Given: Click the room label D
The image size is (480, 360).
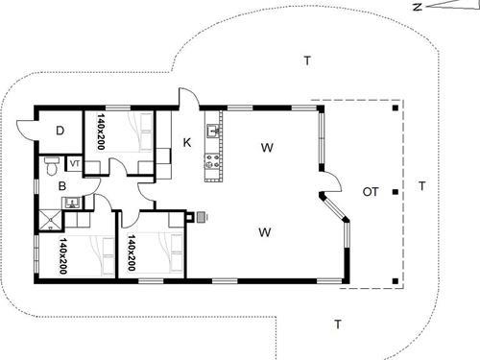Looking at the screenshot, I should (59, 132).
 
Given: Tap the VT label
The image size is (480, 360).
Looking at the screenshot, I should (74, 162).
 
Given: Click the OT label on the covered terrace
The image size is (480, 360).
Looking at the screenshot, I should (370, 193).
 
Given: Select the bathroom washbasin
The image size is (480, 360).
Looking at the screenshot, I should (69, 202).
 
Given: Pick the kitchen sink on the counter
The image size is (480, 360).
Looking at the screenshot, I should (213, 131).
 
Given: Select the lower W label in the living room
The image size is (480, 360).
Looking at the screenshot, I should (266, 231).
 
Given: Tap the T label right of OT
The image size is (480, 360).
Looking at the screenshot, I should (421, 185).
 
